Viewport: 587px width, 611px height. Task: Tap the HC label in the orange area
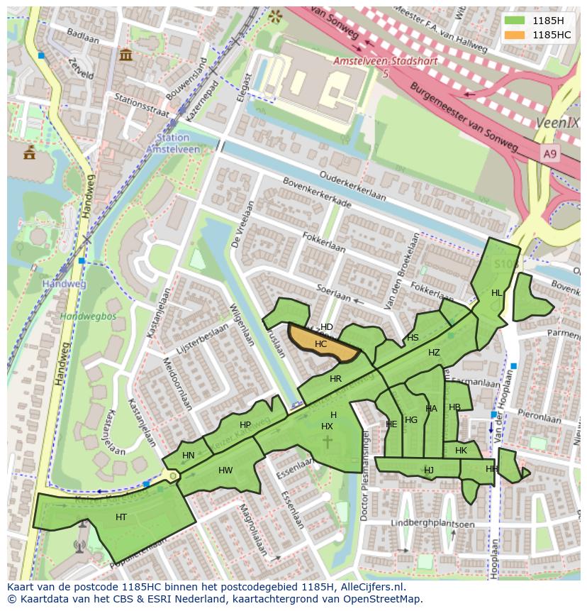coord(320,344)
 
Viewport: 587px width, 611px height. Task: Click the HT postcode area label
coord(121,517)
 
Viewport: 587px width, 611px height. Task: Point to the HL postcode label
coord(496,293)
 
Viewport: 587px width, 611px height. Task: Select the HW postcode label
coord(225,470)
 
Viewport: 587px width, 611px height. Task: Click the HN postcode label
coord(188,456)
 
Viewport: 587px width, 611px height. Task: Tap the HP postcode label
coord(245,425)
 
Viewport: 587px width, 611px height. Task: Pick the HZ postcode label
coord(434,353)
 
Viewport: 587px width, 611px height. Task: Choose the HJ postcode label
coord(429,470)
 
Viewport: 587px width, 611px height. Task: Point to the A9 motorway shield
coord(550,153)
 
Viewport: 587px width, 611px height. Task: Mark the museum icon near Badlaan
coord(126,55)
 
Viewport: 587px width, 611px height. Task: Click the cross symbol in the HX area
coord(328,442)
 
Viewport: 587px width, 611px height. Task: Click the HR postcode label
coord(335,379)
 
